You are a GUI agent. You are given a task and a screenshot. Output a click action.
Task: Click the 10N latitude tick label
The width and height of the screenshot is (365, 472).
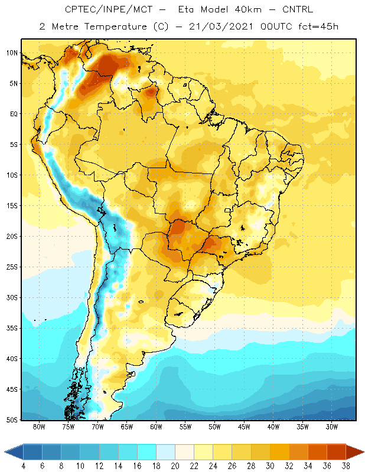[x=12, y=53]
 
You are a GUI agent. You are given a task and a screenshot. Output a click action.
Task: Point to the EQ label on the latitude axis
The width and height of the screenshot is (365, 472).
[x=14, y=114]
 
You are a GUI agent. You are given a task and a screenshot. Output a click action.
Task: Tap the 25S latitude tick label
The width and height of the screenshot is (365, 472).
[x=12, y=267]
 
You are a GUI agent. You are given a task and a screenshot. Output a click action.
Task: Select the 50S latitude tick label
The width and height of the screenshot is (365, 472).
[x=12, y=420]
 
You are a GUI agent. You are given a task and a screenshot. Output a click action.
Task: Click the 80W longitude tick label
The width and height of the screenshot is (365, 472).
[x=39, y=427]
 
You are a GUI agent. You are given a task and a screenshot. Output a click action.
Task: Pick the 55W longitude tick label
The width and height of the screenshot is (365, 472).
[x=185, y=427]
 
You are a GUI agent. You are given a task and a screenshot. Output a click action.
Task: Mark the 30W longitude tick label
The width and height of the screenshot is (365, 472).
[x=332, y=427]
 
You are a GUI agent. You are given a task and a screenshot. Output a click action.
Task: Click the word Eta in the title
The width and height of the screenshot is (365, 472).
[x=185, y=9]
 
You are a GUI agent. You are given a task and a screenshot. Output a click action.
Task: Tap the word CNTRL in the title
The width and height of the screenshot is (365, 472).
[x=298, y=9]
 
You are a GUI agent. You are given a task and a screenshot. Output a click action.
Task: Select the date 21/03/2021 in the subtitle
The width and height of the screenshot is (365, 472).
[x=221, y=27]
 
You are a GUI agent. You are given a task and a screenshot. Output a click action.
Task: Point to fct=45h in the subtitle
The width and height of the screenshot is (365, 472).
[x=318, y=27]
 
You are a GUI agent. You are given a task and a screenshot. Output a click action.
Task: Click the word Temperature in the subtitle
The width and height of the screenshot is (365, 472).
[x=115, y=27]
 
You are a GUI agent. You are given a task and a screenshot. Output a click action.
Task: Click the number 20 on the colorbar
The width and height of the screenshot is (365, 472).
[x=175, y=466]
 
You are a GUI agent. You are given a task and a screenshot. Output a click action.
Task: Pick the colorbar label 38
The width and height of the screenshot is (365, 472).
[x=346, y=466]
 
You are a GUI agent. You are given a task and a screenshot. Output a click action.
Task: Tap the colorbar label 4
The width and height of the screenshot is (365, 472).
[x=24, y=466]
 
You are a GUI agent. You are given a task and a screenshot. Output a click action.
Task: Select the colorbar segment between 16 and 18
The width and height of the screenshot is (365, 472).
[x=147, y=452]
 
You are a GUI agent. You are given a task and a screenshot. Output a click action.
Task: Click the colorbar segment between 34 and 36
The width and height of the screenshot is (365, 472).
[x=317, y=452]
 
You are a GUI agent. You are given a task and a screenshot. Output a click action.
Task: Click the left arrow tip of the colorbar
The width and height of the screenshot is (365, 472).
[x=5, y=452]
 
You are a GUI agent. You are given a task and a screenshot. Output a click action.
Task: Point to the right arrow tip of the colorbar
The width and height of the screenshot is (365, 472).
[x=364, y=452]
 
